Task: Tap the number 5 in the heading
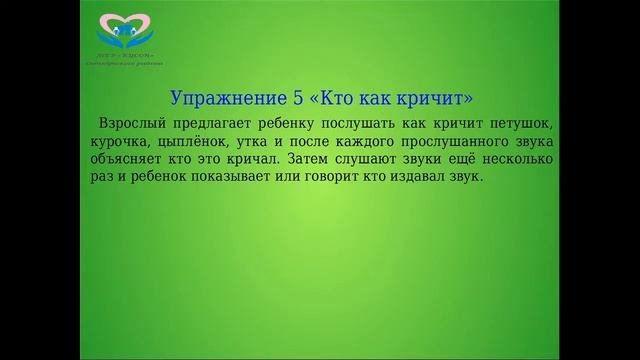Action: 295,99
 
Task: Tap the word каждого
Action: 360,142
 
